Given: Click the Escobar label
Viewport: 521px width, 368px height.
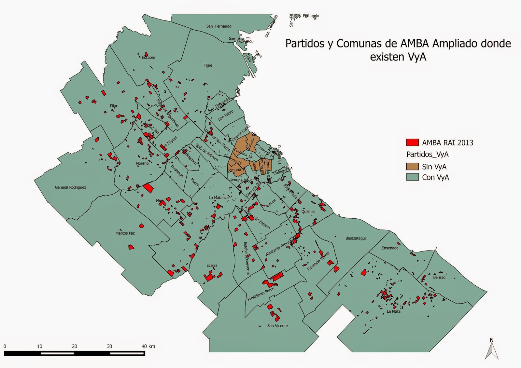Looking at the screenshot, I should point(148,58).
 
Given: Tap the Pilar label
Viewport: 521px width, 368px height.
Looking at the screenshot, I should point(113,106).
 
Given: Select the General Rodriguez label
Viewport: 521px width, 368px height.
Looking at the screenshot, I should point(70,187).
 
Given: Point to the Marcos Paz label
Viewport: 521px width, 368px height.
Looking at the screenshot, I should point(125,233).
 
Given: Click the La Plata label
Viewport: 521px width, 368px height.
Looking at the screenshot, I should point(393,312).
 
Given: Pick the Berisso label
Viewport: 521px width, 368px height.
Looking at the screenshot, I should point(439,278).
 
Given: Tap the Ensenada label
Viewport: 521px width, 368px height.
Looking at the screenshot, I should point(390,248).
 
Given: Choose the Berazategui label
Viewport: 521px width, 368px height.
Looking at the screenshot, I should point(356,239).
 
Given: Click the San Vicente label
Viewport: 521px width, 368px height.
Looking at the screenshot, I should point(277,326).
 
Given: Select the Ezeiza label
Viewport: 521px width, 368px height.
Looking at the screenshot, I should point(212,266).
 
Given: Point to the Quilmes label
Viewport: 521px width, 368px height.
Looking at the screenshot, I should point(308,212).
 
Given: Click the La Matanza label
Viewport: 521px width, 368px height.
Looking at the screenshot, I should point(218,198).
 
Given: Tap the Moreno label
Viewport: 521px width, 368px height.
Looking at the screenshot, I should point(142,163).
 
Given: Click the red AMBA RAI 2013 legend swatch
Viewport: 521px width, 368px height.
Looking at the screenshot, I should point(412,143).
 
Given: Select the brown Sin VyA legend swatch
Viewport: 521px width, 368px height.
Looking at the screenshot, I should point(412,167).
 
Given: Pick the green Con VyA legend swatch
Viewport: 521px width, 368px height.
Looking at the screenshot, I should point(412,177).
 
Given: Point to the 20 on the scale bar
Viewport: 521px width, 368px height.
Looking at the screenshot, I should point(74,347).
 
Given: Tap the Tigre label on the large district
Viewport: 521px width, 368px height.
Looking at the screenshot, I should point(208,65).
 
